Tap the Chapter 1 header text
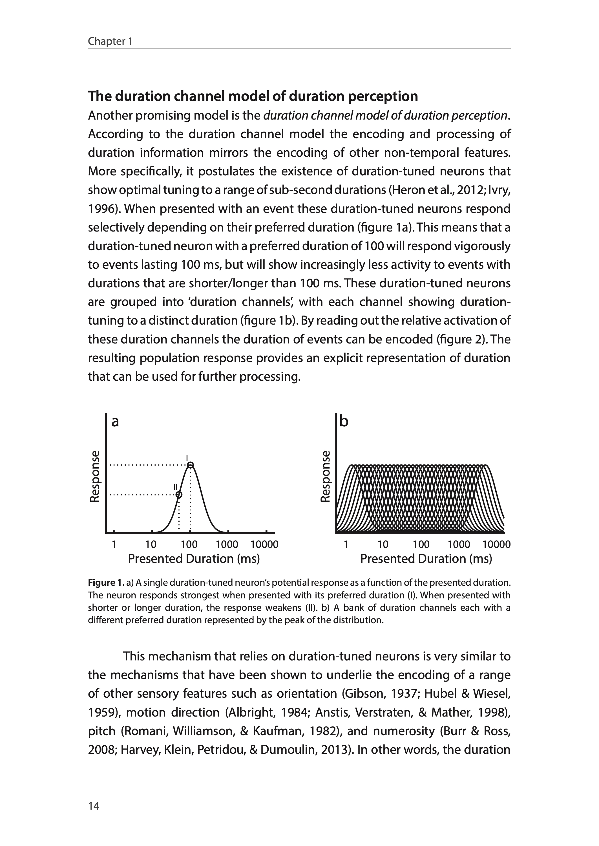(x=110, y=41)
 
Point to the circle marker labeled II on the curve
(x=178, y=494)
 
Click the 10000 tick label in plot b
(x=496, y=544)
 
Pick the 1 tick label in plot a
(x=114, y=544)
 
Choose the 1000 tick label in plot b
(x=459, y=544)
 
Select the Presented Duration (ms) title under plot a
(x=194, y=559)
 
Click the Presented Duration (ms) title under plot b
(x=426, y=559)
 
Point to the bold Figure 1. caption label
(x=106, y=583)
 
